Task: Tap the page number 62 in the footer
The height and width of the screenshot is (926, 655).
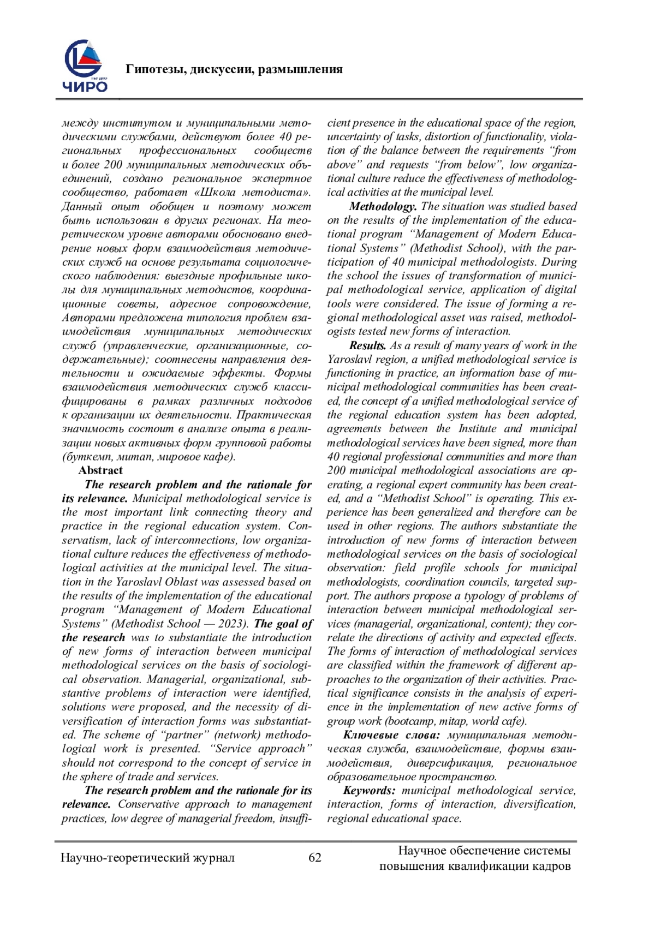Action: point(315,857)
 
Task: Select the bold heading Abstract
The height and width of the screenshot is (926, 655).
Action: point(100,470)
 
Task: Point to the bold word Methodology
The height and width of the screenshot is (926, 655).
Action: point(383,206)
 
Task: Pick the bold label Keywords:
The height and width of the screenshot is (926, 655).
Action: point(369,790)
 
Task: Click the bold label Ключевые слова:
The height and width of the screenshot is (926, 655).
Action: point(391,735)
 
